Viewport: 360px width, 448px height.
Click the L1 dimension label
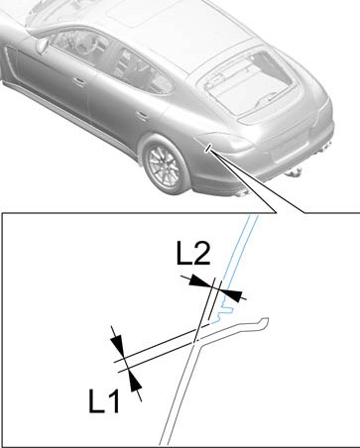pos(104,400)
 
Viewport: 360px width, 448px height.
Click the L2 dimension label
pos(193,253)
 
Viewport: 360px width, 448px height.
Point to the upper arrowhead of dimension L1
pos(118,346)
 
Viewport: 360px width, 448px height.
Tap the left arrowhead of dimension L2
pos(200,281)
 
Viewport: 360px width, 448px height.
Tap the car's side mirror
pos(43,46)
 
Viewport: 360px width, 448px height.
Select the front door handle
pos(79,81)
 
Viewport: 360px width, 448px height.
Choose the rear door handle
pos(143,116)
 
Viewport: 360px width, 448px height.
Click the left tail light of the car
pos(225,142)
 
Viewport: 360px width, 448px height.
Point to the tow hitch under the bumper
pos(295,172)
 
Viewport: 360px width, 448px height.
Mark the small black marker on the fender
pos(208,149)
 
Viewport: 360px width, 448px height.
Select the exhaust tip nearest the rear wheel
pos(243,193)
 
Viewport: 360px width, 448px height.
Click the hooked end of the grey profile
pos(264,323)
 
